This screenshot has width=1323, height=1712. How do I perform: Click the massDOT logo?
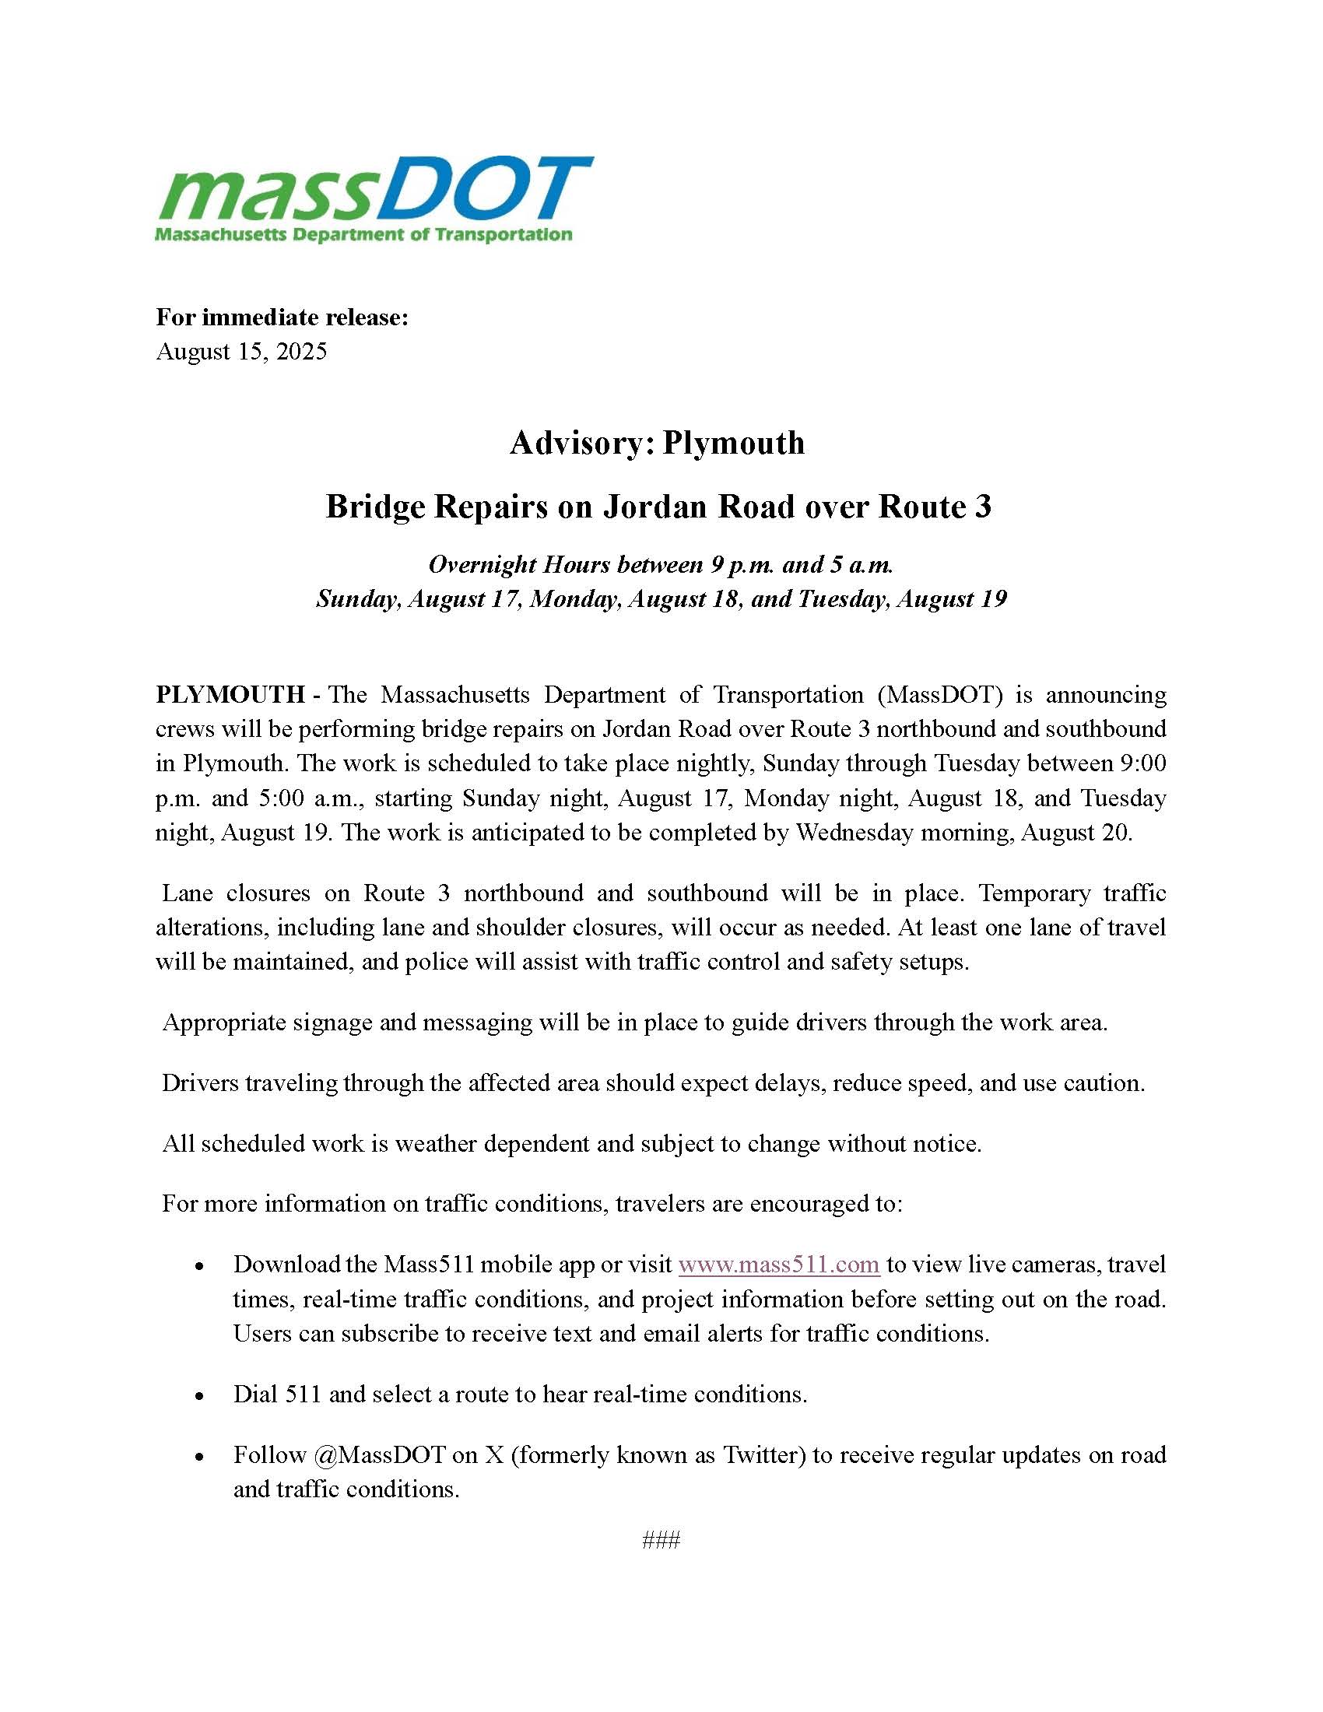click(x=374, y=199)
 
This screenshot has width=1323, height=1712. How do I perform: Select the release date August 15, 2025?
click(x=241, y=351)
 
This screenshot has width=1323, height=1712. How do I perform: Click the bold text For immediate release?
click(x=282, y=317)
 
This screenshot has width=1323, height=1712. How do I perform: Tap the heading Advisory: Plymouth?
click(x=657, y=443)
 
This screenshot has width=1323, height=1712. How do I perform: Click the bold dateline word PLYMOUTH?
click(x=230, y=694)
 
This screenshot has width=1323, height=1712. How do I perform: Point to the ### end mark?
click(x=661, y=1540)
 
